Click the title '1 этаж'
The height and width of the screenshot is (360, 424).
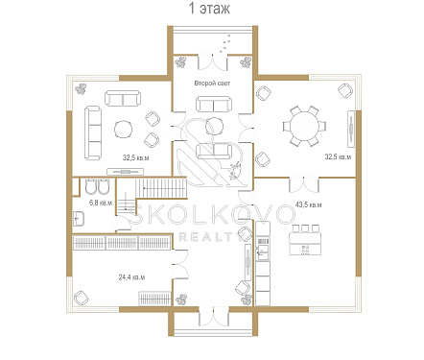tap(209, 9)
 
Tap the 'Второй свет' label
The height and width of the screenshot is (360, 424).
tap(212, 84)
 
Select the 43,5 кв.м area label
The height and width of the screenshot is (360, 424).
tap(308, 204)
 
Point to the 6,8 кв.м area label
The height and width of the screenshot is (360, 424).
tap(101, 203)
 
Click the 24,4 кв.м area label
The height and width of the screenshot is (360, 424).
tap(131, 277)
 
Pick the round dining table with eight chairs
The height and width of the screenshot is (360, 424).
tap(304, 126)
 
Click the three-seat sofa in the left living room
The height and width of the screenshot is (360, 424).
tap(93, 133)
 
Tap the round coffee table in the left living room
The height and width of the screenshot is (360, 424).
tap(123, 129)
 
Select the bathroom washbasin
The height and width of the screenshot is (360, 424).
tap(79, 219)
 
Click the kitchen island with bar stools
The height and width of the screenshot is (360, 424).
tap(305, 240)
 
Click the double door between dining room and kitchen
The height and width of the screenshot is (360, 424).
tap(304, 184)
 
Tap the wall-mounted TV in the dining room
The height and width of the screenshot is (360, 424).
tap(351, 129)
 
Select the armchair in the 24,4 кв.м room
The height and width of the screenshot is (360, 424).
tap(82, 299)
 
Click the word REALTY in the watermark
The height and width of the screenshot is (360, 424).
tap(210, 237)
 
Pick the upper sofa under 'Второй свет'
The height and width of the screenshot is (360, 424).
tap(214, 104)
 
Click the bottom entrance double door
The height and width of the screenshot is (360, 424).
tap(214, 318)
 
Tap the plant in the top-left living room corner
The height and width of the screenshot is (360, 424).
tap(82, 88)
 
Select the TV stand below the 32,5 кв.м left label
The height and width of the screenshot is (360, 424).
tap(125, 172)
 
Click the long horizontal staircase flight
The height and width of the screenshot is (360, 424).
tap(161, 188)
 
